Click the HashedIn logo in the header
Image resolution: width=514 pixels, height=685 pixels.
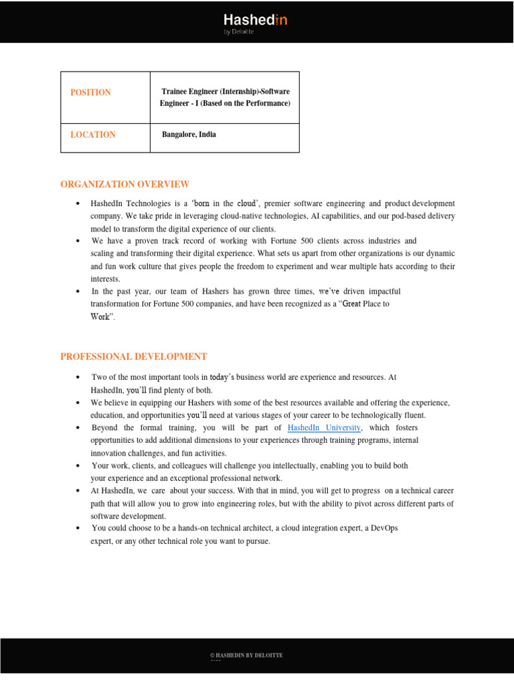255,20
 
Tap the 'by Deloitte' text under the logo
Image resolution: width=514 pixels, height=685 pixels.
239,31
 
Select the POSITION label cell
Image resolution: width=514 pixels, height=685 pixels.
91,92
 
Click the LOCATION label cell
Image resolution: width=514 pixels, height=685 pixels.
93,134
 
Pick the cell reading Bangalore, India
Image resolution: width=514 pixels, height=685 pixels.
189,134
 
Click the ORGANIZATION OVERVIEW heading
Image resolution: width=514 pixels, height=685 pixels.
124,184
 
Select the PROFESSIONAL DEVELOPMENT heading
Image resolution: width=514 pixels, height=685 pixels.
133,357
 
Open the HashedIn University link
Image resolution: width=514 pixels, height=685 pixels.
324,427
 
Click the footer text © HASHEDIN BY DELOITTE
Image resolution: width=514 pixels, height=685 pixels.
246,656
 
